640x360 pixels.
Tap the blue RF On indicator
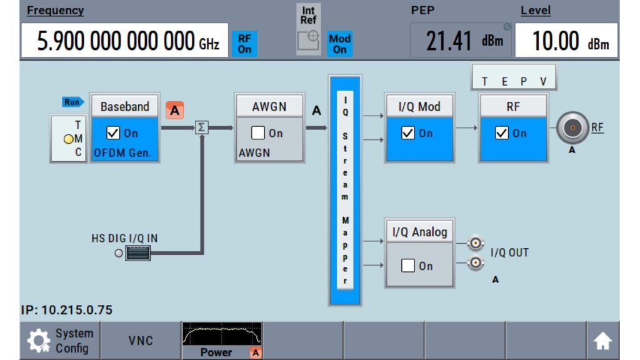[x=244, y=44]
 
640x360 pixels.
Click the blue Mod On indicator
[x=339, y=44]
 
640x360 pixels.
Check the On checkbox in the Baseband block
[x=113, y=132]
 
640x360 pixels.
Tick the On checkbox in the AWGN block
[x=258, y=132]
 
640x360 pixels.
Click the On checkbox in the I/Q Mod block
[x=407, y=132]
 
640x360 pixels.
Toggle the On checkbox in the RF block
[x=502, y=132]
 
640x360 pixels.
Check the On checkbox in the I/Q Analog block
[x=407, y=265]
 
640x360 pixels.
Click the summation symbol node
[x=202, y=127]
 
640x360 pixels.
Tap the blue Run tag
[x=72, y=102]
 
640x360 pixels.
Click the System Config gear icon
[x=39, y=341]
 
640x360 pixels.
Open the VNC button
[x=141, y=341]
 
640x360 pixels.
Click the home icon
[x=602, y=341]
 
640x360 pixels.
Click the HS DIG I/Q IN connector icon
[x=138, y=253]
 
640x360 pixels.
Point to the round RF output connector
[x=572, y=127]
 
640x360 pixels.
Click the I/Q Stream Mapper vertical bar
[x=345, y=190]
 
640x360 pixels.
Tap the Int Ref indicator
[x=309, y=29]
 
